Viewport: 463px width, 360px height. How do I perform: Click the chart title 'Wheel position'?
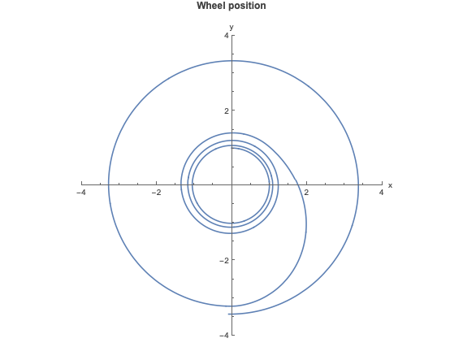tap(231, 6)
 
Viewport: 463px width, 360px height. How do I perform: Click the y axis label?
tap(231, 28)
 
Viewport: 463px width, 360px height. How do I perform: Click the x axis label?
tap(391, 185)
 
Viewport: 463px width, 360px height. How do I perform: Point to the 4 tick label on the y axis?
tap(226, 36)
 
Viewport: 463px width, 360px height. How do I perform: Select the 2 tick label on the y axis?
tap(226, 111)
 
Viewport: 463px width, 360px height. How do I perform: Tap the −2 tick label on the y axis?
tap(224, 260)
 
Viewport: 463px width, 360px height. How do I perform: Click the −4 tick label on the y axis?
tap(224, 335)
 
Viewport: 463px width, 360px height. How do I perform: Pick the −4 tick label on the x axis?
tap(81, 193)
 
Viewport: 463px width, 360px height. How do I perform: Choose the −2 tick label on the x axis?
tap(156, 193)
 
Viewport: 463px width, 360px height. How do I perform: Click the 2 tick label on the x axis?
tap(306, 193)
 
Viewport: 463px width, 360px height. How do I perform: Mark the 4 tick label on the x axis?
tap(382, 193)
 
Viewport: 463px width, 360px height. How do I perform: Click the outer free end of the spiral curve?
tap(228, 314)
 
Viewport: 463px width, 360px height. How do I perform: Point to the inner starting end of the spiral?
tap(231, 148)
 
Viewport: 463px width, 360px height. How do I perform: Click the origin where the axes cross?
tap(232, 184)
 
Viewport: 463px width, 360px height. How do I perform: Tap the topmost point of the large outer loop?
tap(233, 61)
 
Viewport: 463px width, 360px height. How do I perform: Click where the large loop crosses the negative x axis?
tap(108, 184)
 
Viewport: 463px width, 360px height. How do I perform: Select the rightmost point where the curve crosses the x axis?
tap(358, 184)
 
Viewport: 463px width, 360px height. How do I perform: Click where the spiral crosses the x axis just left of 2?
tap(297, 184)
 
